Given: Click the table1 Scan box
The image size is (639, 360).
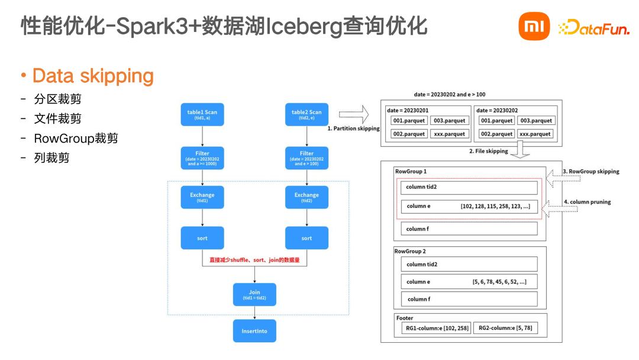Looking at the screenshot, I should (x=202, y=114).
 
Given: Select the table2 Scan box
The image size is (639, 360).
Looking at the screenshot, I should (x=306, y=114).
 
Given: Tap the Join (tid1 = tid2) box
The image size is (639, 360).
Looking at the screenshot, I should (x=254, y=294).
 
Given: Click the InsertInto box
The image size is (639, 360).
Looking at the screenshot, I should (x=254, y=331).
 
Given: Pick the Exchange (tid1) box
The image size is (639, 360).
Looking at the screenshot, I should (x=202, y=197).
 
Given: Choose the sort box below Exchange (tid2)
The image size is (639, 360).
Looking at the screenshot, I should (x=306, y=238).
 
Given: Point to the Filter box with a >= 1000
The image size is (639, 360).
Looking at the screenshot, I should (x=202, y=158).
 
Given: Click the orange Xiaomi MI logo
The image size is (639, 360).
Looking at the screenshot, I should (x=534, y=27).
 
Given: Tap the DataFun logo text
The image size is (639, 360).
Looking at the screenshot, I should (x=594, y=27).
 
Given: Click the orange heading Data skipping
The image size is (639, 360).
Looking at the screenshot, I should (x=93, y=76).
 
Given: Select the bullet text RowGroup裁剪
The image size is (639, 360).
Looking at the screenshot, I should (x=76, y=139).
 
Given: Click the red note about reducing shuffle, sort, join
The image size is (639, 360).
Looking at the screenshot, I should (x=254, y=260).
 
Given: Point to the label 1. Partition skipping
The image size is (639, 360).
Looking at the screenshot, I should (x=353, y=128).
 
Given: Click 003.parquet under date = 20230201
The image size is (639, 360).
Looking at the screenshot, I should (x=448, y=121).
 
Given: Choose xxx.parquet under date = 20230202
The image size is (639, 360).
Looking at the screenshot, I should (x=535, y=134).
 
